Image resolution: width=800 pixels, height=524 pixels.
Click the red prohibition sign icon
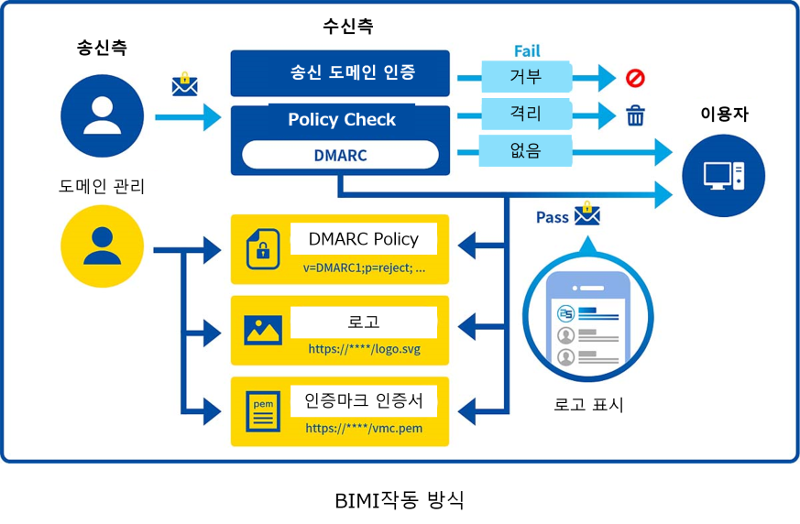(635, 78)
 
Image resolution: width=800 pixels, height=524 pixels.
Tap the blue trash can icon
(635, 115)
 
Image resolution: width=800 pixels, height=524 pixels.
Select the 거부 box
(526, 77)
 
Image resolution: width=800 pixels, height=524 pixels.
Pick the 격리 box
(526, 115)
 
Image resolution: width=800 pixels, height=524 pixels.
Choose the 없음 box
(526, 150)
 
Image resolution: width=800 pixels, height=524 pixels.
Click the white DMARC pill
(340, 156)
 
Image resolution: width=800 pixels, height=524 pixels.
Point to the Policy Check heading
(341, 120)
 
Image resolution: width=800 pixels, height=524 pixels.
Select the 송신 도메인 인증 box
(340, 72)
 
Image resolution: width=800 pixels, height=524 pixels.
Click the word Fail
(527, 50)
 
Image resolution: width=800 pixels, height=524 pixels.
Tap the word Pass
(553, 217)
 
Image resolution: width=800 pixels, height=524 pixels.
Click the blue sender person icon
(102, 116)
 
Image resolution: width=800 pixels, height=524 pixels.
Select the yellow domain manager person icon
(102, 246)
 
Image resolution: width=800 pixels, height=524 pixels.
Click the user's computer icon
(724, 174)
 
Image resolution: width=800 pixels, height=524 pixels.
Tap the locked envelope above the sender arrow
(185, 84)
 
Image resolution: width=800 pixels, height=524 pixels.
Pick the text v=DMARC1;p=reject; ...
(364, 268)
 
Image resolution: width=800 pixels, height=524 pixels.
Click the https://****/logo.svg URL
(364, 349)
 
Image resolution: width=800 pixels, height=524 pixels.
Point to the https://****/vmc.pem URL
(364, 428)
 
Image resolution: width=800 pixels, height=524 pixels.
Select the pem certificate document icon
(263, 411)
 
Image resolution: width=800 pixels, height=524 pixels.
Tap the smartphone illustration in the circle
(587, 318)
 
